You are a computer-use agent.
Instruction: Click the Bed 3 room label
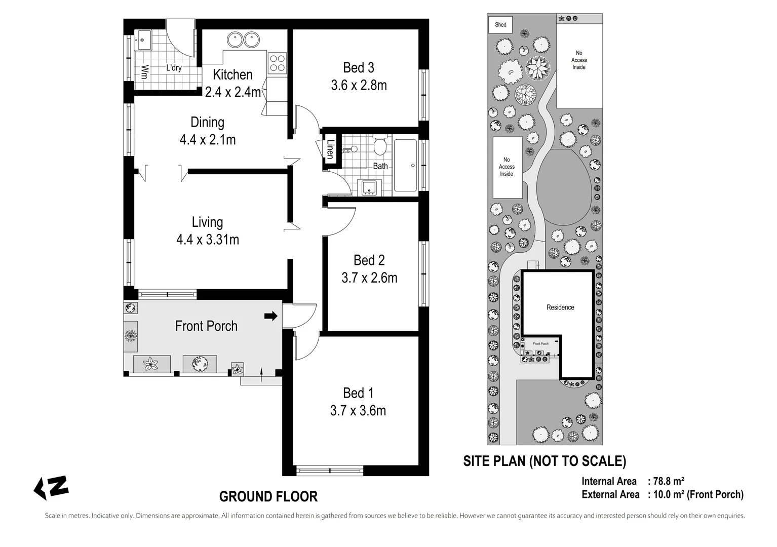click(x=358, y=67)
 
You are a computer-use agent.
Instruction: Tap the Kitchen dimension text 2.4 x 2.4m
click(x=232, y=92)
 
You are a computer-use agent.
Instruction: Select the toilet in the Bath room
click(x=380, y=147)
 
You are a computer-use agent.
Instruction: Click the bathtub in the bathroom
click(x=405, y=165)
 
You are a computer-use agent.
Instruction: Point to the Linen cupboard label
click(x=330, y=150)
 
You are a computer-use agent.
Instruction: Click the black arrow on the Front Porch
click(x=271, y=317)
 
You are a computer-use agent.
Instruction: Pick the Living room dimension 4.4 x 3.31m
click(x=207, y=240)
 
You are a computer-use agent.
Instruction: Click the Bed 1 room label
click(x=358, y=393)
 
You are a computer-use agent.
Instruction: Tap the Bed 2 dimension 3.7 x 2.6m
click(x=369, y=278)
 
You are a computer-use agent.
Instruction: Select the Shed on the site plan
click(x=500, y=24)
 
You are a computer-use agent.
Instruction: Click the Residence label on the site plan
click(x=560, y=307)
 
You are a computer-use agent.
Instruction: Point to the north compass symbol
click(x=51, y=487)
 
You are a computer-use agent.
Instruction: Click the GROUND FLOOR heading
click(x=268, y=496)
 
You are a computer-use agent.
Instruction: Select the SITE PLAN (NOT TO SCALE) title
click(x=545, y=461)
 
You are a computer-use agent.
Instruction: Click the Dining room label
click(x=207, y=122)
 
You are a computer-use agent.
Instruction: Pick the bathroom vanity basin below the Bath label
click(x=368, y=187)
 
